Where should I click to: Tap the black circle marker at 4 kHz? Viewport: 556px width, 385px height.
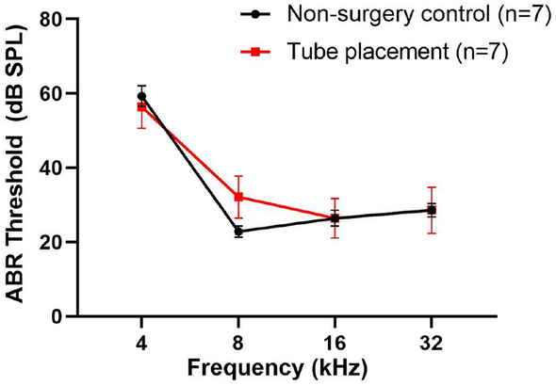(x=141, y=96)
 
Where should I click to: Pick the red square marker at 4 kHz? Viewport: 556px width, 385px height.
(x=141, y=106)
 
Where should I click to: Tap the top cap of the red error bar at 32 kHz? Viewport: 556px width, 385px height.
(x=432, y=187)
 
